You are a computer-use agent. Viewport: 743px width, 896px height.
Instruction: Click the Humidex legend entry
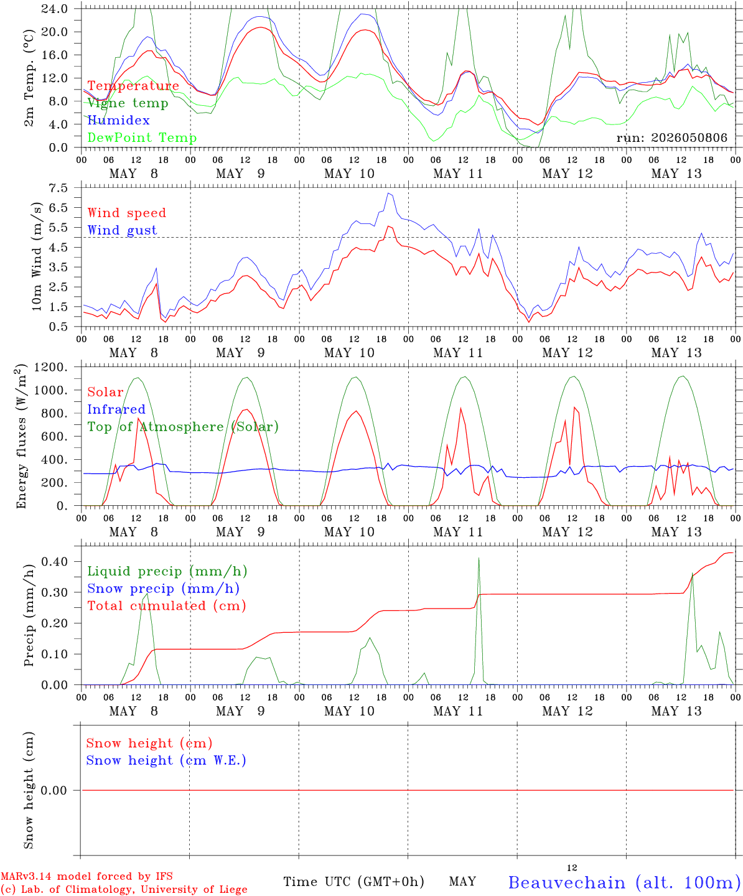point(118,120)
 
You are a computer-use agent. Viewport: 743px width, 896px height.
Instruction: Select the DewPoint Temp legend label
point(142,138)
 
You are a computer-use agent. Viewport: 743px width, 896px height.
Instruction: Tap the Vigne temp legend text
point(128,103)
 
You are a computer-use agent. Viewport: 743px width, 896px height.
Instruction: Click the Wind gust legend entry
point(123,230)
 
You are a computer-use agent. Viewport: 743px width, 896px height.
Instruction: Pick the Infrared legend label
point(116,409)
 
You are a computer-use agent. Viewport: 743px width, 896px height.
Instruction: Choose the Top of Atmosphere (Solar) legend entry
point(184,427)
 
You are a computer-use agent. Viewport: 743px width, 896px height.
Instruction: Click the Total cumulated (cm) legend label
point(167,605)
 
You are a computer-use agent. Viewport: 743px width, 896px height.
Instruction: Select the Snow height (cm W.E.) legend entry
point(166,760)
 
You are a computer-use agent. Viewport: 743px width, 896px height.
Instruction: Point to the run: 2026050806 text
point(671,138)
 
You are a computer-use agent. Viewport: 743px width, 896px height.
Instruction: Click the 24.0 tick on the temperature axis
point(54,9)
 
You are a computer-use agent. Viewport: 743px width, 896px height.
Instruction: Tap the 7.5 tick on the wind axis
point(58,188)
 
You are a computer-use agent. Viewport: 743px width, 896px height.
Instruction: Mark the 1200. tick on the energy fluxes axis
point(51,367)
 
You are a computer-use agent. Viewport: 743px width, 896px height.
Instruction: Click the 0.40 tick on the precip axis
point(55,561)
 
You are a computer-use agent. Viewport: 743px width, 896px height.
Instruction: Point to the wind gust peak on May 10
point(388,193)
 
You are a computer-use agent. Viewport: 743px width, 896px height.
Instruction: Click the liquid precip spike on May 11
point(479,558)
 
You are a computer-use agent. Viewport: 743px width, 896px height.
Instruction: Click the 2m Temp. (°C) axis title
point(29,78)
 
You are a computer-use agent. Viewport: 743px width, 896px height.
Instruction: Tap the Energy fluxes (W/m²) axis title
point(21,436)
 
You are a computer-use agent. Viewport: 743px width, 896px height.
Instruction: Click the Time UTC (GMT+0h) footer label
point(353,882)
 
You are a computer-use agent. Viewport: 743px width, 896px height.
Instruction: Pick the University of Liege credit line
point(124,889)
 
